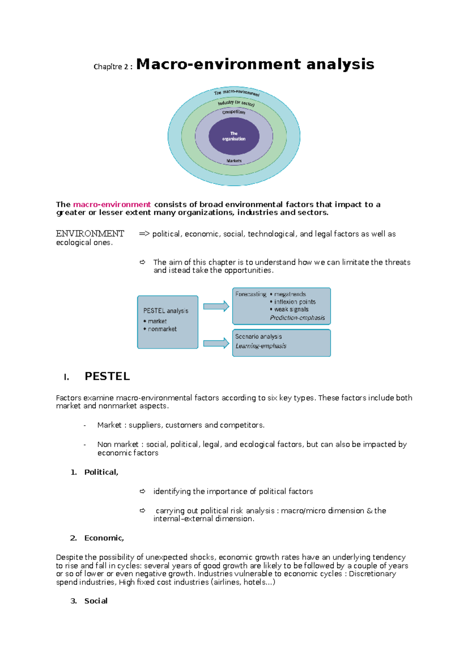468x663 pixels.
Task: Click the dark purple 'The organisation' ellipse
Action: [234, 136]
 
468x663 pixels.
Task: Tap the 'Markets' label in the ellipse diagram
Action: [234, 161]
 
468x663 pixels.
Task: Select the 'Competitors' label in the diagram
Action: [234, 112]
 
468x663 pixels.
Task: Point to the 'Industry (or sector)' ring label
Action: [236, 103]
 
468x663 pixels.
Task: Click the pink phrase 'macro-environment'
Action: [112, 205]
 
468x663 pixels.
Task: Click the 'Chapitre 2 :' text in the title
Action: [113, 67]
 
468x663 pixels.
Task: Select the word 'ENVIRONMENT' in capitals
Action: [90, 234]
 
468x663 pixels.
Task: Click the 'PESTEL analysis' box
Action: [168, 322]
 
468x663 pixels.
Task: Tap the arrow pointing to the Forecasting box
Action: [216, 307]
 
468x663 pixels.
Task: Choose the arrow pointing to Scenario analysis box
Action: [216, 343]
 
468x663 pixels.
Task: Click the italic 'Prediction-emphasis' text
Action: [297, 318]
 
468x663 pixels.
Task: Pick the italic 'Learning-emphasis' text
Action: [261, 346]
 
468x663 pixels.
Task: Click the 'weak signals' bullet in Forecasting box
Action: [291, 309]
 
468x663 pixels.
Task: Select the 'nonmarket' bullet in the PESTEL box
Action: [162, 329]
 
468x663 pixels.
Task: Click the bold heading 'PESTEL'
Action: [107, 376]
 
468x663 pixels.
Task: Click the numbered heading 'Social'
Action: [96, 601]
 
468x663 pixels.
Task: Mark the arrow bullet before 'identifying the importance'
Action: [143, 491]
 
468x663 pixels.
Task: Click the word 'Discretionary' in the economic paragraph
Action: [372, 574]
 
